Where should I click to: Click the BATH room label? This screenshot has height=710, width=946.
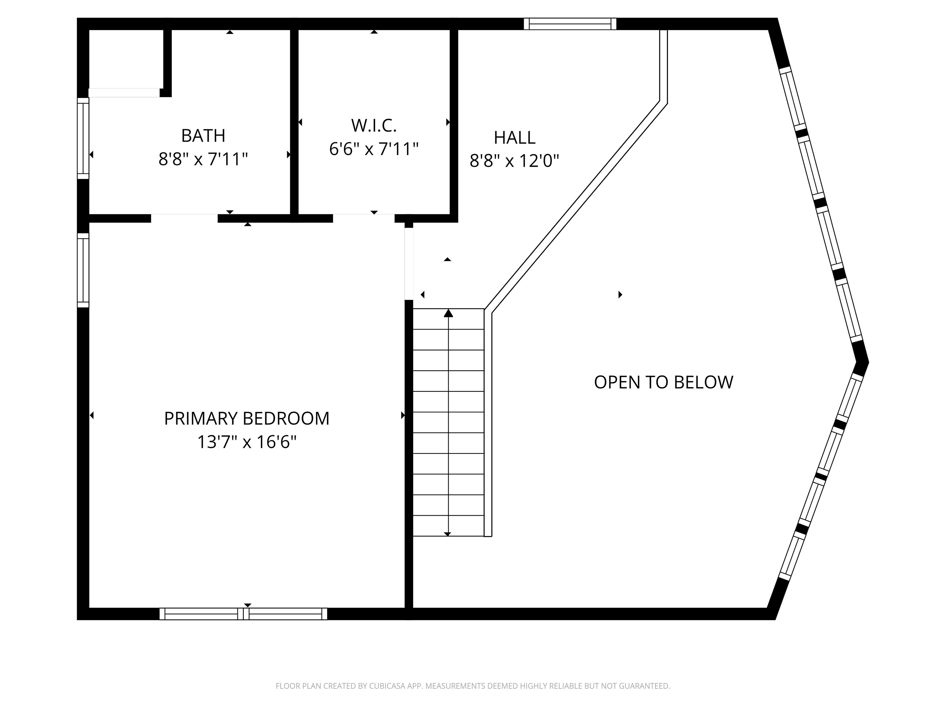(x=203, y=136)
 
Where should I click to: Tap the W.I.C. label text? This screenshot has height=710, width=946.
(x=374, y=125)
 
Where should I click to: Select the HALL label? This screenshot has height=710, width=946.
(x=515, y=137)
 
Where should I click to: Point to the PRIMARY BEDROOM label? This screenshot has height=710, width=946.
(x=247, y=418)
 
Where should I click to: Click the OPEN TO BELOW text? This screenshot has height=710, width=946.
(x=663, y=382)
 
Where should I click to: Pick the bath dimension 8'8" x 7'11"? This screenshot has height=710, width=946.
(x=203, y=159)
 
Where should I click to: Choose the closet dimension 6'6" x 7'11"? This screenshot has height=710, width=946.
(x=374, y=149)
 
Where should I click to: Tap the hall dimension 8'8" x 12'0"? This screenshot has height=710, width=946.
(x=515, y=161)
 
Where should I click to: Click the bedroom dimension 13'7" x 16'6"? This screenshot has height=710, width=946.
(x=247, y=442)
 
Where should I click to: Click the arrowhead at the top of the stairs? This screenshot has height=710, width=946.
(x=448, y=313)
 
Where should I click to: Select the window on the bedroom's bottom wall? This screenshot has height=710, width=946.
(x=243, y=614)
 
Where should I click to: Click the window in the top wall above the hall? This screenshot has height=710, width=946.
(x=570, y=24)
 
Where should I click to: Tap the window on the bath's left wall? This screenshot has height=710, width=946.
(x=83, y=138)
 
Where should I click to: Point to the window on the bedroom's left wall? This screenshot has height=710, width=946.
(x=83, y=270)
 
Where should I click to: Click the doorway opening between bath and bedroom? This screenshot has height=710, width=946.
(x=184, y=218)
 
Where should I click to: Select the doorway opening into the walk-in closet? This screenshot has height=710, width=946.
(x=363, y=218)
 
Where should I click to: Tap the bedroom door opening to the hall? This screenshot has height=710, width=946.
(x=409, y=263)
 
